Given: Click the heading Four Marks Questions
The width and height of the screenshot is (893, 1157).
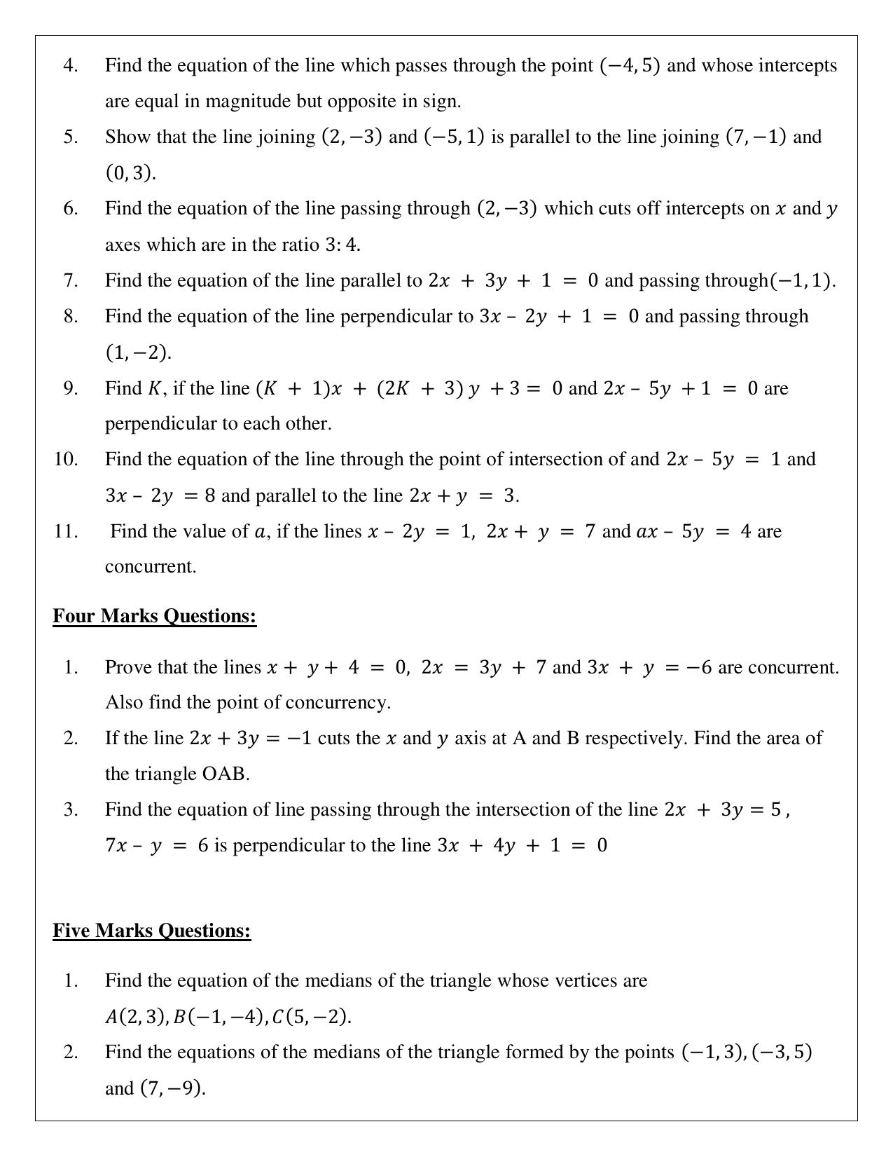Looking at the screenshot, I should (x=154, y=616).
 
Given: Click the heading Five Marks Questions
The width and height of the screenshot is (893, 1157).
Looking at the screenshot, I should (x=151, y=931).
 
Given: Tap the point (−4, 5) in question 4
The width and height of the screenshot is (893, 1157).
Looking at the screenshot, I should (x=630, y=66).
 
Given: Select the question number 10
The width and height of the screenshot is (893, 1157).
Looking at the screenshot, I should (x=66, y=460).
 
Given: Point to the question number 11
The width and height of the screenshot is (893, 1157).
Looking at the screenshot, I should (x=66, y=531).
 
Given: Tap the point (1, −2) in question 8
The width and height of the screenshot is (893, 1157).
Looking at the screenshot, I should (x=137, y=352).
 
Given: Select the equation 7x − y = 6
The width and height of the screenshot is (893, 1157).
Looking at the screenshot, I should (x=157, y=846).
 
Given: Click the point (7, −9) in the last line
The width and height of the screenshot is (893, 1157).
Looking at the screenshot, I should (x=172, y=1088).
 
